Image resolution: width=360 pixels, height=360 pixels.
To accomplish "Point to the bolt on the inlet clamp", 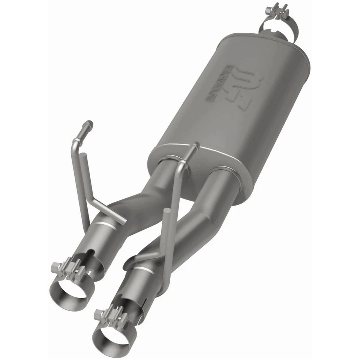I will click(x=277, y=9).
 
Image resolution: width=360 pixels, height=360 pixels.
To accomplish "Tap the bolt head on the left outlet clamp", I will click(x=56, y=267).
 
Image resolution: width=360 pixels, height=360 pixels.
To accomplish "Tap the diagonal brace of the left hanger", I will click(x=109, y=212).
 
